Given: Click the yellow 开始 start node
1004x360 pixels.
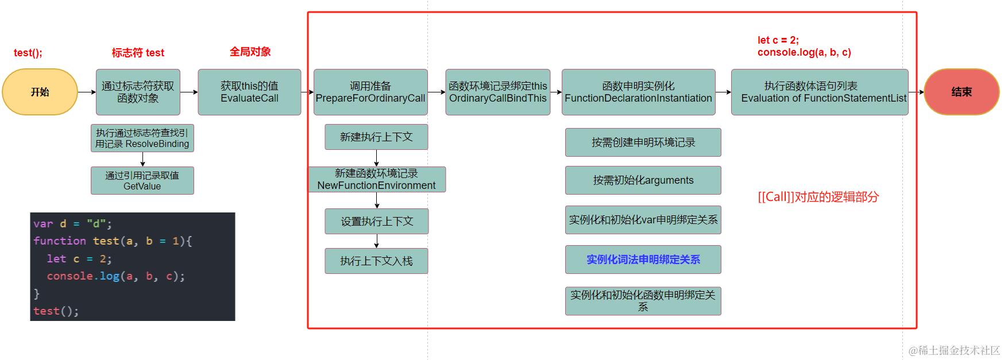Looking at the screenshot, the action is click(x=40, y=92).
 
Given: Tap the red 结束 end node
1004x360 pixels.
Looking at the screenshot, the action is click(x=961, y=92).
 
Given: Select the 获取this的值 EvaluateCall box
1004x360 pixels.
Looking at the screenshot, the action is click(x=249, y=92).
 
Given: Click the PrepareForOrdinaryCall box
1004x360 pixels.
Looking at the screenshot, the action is click(x=370, y=92).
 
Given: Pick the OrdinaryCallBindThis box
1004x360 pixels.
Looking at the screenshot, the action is click(x=497, y=92).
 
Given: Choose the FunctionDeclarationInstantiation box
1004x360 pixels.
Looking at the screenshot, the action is click(x=638, y=92).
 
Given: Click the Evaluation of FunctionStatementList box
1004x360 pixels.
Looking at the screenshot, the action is click(x=820, y=92).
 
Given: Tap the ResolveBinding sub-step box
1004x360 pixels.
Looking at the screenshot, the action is click(x=142, y=138).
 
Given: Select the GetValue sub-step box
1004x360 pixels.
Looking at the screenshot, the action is click(x=142, y=180).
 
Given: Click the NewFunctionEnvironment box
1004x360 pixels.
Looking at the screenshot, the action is click(x=377, y=179).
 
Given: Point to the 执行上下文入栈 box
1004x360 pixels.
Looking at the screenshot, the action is click(x=376, y=261).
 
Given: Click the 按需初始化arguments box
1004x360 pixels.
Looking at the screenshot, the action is click(x=643, y=180).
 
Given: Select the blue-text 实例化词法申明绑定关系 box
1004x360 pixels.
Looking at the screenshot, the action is click(x=643, y=260).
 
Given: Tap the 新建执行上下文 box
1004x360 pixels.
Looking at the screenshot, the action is click(x=376, y=137).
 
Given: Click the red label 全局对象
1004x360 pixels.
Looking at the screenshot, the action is click(x=250, y=52).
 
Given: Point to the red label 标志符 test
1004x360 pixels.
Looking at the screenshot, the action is click(x=138, y=53).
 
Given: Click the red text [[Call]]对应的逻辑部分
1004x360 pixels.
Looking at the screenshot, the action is click(x=818, y=197).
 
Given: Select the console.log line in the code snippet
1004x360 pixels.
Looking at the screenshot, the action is click(x=115, y=276).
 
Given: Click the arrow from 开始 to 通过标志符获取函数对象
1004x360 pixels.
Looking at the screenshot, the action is click(x=87, y=92).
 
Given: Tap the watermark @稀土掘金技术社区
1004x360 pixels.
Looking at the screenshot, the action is click(x=954, y=350).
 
